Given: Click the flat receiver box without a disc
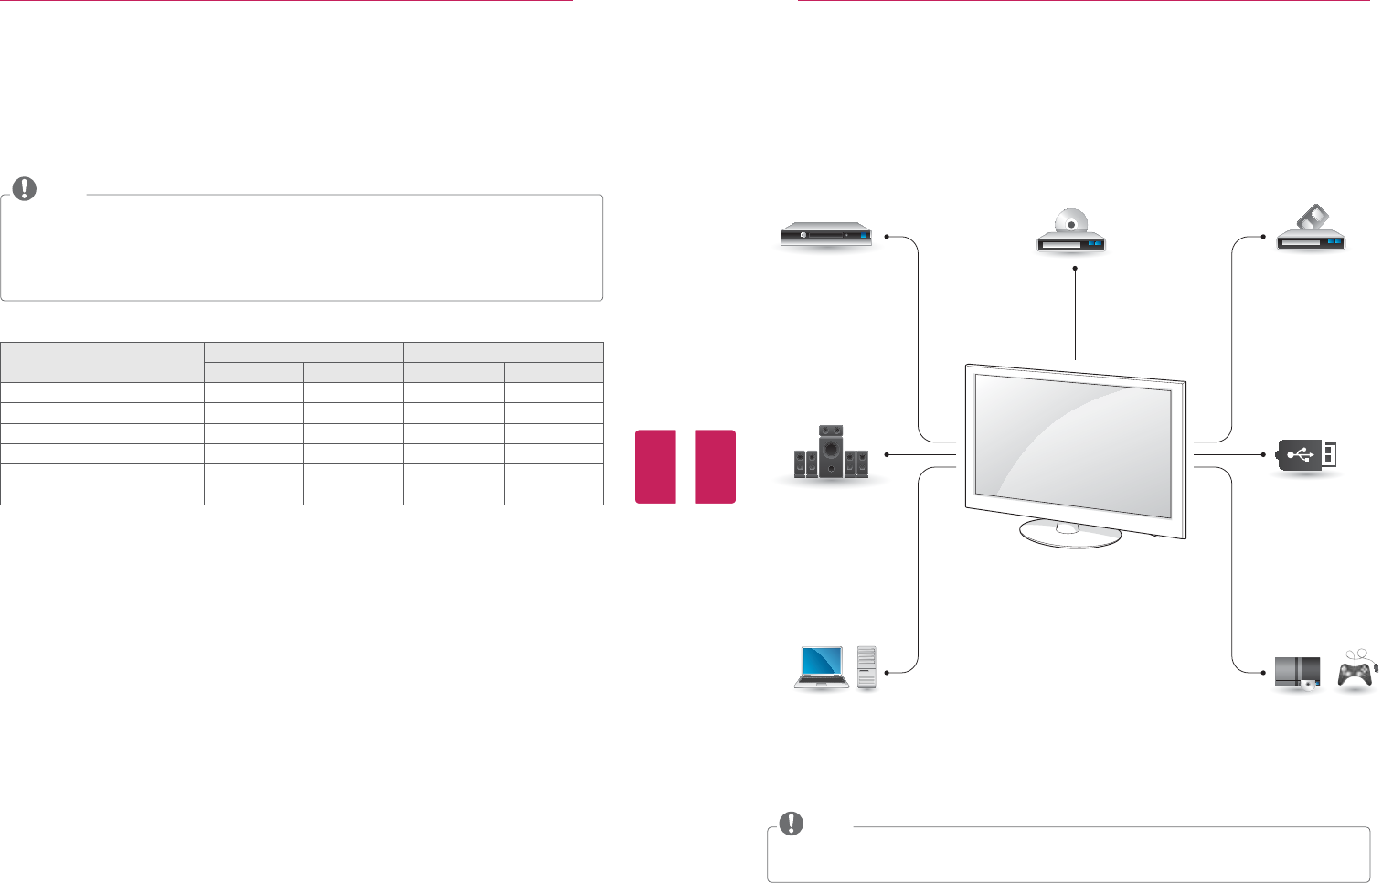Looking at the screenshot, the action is coord(825,236).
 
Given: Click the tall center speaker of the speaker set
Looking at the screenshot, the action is coord(831,451).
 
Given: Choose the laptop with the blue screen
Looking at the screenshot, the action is coord(822,665).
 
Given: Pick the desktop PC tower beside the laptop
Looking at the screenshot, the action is coord(866,667).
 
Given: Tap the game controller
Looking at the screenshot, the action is coord(1355,674).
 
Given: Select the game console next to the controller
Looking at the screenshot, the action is coord(1297,673).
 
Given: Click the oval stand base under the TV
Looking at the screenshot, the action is coord(1070,534).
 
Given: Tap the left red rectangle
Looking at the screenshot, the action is coord(655,466).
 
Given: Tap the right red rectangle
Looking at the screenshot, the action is coord(715,466).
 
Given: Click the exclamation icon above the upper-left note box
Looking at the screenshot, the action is coord(25,189).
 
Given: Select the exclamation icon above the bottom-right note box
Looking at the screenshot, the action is coord(791,823).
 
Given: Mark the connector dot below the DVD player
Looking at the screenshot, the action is coord(1076,268).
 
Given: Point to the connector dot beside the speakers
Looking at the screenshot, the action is coord(886,454).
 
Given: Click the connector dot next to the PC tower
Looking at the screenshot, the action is coord(887,672).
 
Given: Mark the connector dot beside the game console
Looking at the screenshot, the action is coord(1263,672).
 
